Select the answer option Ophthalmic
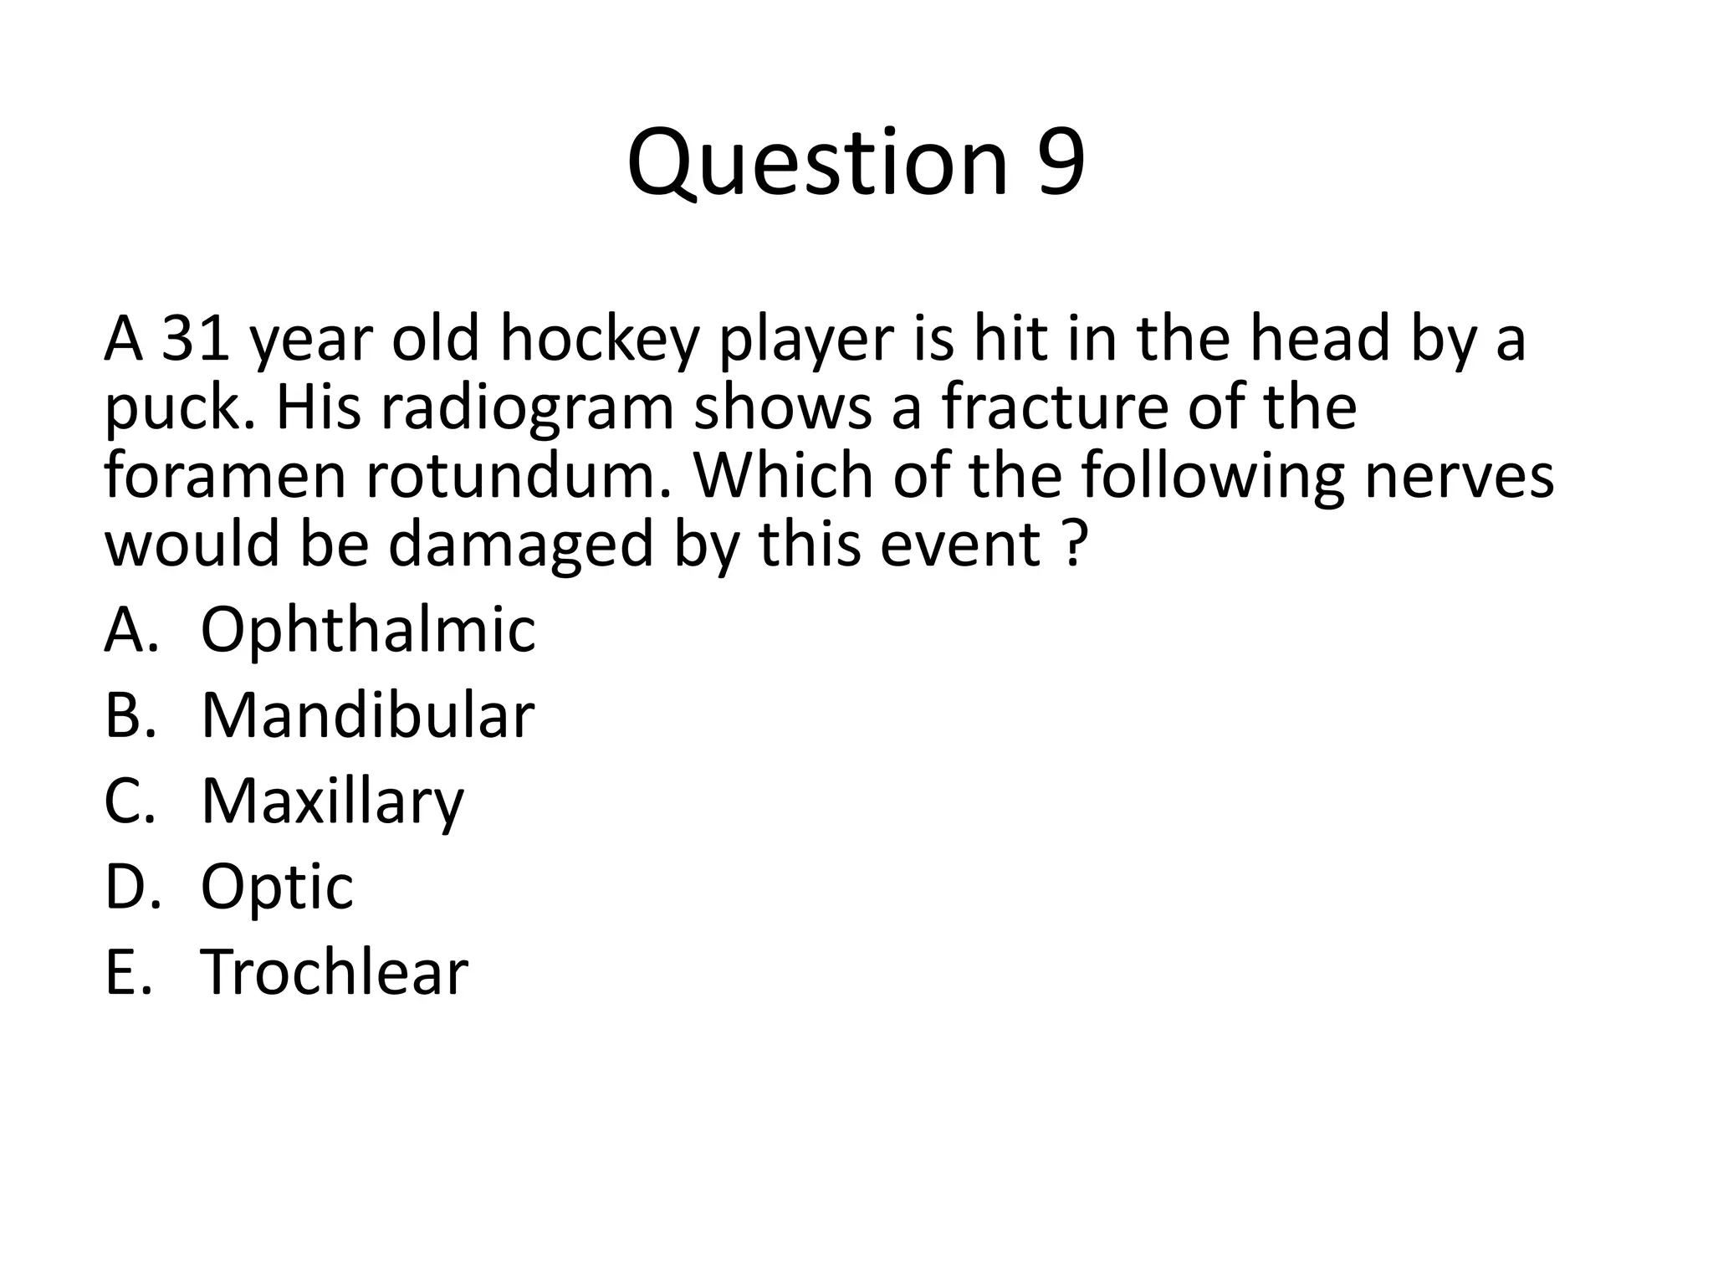coord(367,630)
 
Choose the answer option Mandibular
coord(367,715)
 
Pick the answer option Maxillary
coord(332,801)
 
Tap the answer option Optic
coord(277,887)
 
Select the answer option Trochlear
coord(334,972)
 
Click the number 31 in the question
coord(195,339)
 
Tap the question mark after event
coord(1077,544)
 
